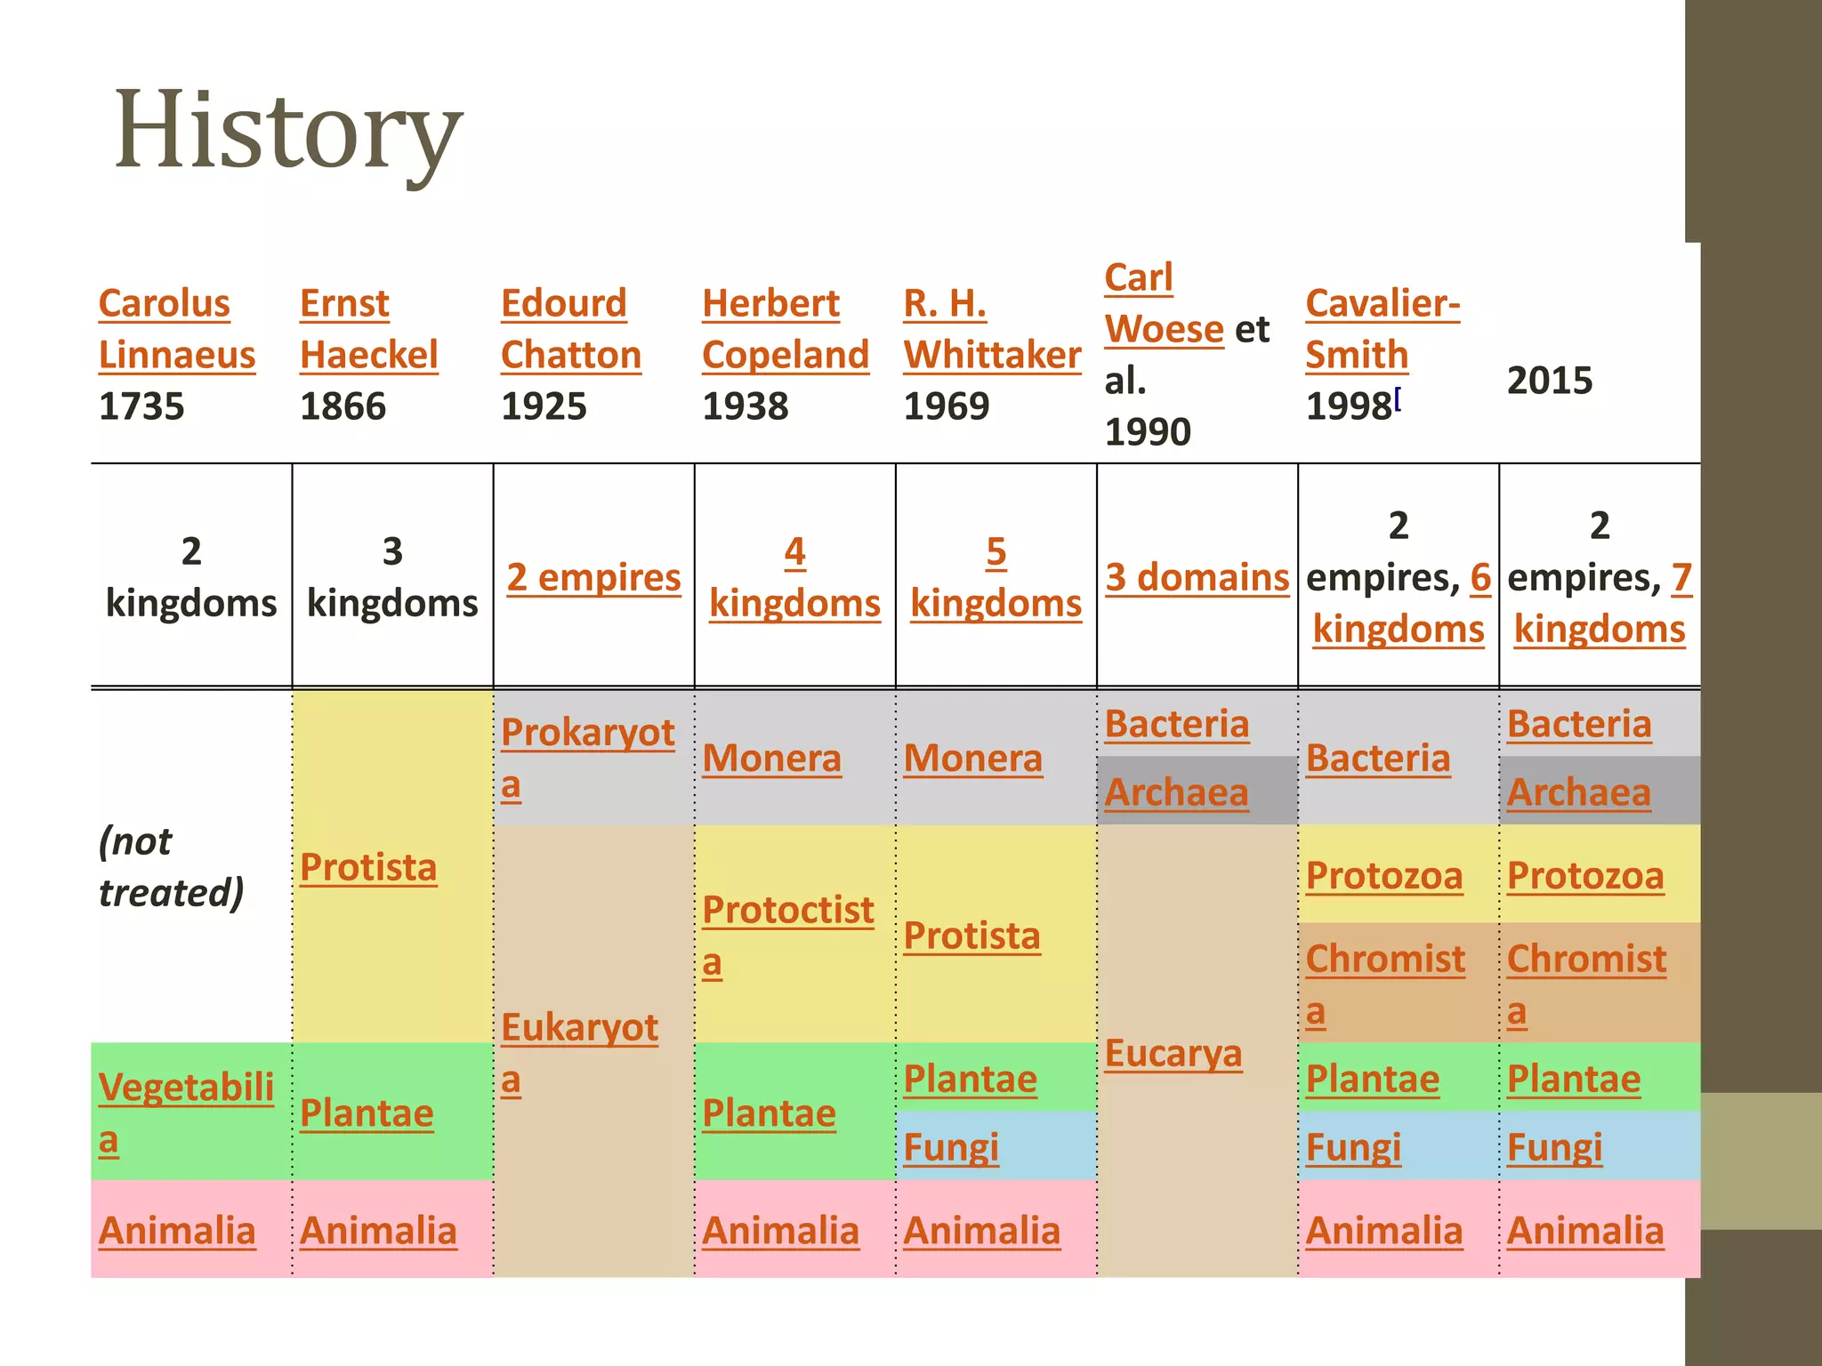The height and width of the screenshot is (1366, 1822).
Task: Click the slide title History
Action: [287, 131]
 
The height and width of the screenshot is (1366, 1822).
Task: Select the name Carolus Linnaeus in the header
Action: [176, 328]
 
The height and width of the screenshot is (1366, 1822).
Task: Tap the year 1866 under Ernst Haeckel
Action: [343, 406]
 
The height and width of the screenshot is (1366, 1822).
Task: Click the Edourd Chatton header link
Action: [570, 328]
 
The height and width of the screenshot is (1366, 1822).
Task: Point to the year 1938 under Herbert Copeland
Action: [745, 406]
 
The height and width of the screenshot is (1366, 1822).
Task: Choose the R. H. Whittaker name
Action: [991, 328]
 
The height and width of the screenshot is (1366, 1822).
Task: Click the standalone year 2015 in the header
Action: [1549, 381]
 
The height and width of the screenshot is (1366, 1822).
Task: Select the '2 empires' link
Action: [593, 577]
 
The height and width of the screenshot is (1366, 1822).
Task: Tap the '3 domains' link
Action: [1197, 577]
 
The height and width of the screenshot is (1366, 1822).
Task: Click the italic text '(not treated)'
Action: [170, 866]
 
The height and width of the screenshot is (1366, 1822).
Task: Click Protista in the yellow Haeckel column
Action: [368, 867]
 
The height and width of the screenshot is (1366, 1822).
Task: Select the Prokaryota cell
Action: [587, 758]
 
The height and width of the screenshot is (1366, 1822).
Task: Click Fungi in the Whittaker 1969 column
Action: [951, 1146]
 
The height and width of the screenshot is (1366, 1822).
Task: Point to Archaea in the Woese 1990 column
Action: [1176, 791]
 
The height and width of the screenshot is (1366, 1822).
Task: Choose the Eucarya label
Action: [1173, 1053]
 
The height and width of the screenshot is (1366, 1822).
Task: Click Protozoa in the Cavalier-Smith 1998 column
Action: [1383, 875]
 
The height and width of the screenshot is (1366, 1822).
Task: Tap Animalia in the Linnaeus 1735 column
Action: [177, 1231]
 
